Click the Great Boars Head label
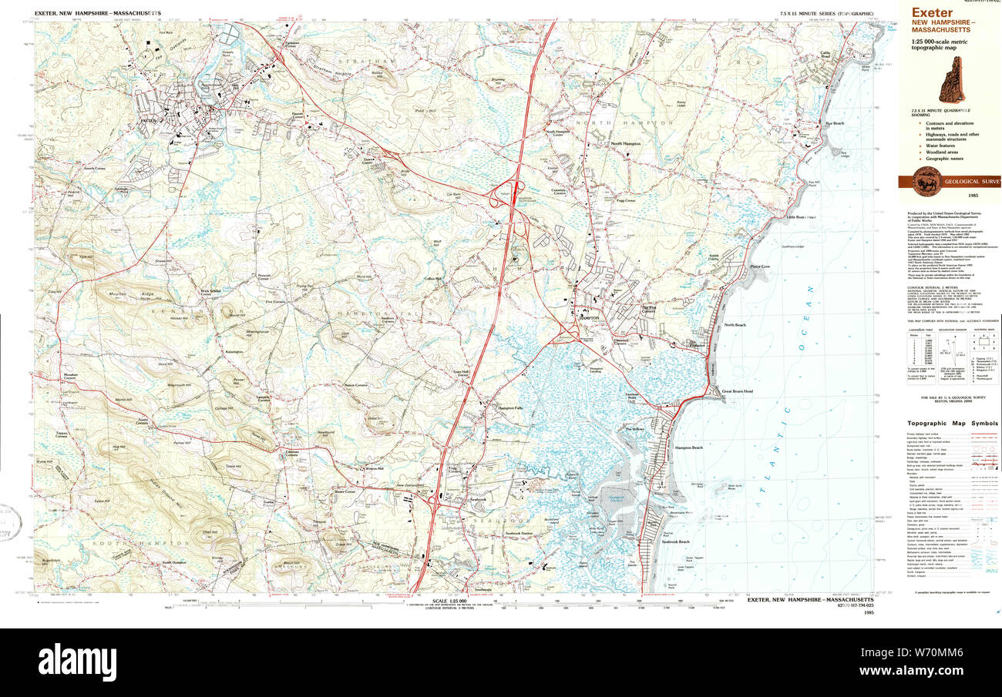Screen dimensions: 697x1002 point(737,392)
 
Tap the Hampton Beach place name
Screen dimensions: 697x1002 point(688,447)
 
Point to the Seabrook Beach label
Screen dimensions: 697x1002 point(674,541)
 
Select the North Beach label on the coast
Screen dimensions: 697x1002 point(735,325)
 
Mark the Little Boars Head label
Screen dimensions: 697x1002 point(801,217)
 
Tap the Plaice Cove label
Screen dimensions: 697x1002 point(762,266)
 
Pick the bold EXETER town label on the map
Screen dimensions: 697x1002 point(148,122)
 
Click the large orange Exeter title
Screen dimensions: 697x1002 point(932,12)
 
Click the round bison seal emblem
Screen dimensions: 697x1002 point(924,182)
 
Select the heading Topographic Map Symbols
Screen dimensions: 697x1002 point(952,424)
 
